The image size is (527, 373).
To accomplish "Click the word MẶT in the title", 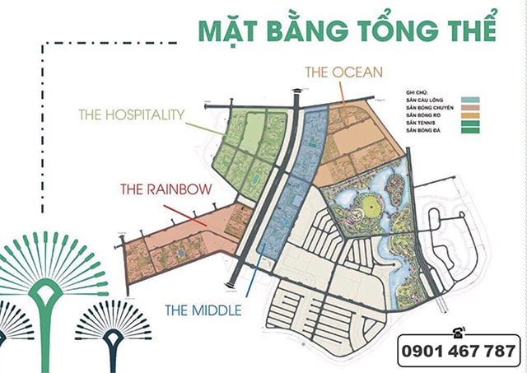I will (228, 26).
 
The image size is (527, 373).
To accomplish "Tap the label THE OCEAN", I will (344, 72).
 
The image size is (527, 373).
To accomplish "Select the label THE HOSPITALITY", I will (131, 114).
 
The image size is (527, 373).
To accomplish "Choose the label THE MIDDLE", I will (203, 310).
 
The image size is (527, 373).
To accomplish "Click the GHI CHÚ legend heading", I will (416, 92).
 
